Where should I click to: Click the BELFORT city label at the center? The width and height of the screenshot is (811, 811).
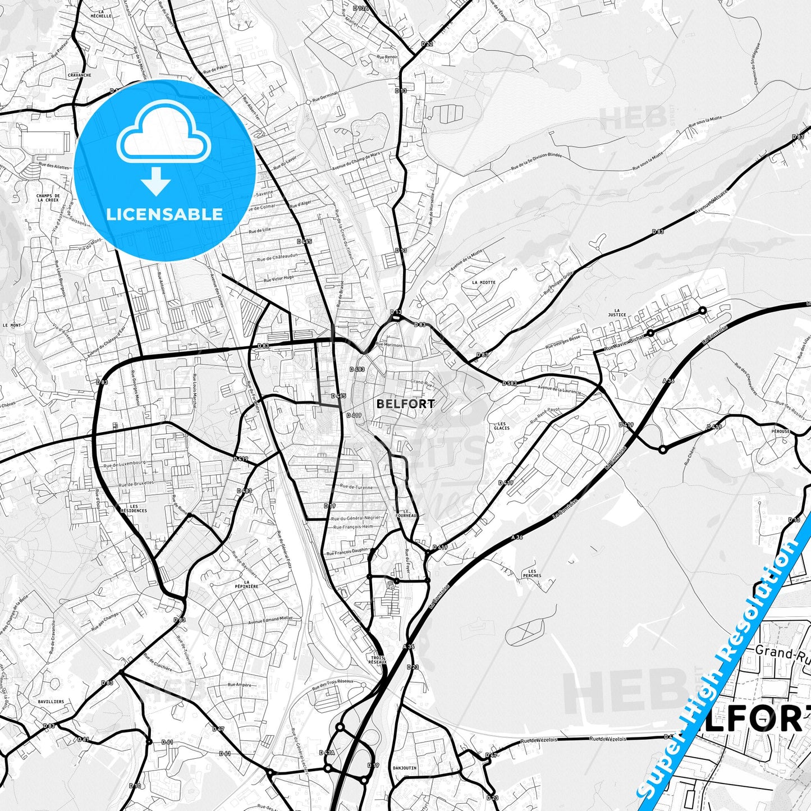405,404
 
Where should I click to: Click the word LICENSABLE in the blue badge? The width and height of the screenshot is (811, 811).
164,214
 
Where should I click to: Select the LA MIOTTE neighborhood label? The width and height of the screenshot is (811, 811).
483,282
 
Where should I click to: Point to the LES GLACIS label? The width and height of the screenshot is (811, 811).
501,425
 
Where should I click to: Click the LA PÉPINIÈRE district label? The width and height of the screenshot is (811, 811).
251,584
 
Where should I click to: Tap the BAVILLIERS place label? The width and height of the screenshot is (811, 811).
51,702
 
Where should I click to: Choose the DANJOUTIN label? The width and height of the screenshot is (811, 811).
405,767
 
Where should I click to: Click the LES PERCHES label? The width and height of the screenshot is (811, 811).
532,573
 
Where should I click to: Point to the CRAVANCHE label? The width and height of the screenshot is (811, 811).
79,75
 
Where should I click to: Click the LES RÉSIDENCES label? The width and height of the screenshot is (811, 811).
134,508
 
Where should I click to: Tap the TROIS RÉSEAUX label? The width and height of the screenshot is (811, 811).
378,659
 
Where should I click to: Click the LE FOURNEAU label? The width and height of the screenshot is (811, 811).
406,513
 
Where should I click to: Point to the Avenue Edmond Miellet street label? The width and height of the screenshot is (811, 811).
271,620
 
